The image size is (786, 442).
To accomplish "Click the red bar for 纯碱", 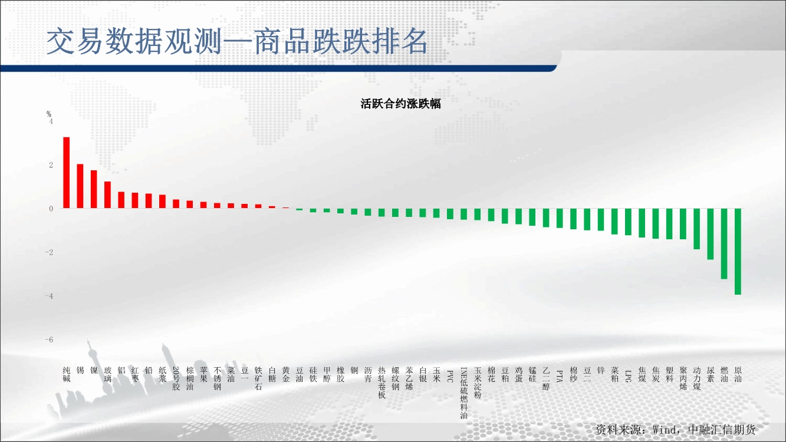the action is coord(66,173).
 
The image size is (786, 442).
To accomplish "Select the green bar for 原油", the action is coord(738,252).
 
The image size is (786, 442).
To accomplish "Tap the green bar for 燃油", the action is coord(724,244).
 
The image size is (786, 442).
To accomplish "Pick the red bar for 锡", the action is coord(80,186).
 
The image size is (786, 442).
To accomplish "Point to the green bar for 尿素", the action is coord(711,234).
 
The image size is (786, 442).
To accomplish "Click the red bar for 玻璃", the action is coord(107,195).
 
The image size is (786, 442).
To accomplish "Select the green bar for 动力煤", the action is coord(697,229).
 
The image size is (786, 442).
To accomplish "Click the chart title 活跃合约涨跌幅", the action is coord(400,104).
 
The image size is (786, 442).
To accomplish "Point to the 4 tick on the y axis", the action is coord(51,121).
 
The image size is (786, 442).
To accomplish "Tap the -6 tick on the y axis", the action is coord(49,339).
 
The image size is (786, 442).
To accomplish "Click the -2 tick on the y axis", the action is coord(49,252).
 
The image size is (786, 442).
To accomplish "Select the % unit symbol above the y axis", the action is coord(49,114).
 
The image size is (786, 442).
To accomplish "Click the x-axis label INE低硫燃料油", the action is coord(464,393).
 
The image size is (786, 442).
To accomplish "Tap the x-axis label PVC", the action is coord(450,376).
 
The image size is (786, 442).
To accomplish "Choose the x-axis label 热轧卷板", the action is coord(382,382).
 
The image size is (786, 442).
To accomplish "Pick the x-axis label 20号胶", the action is coord(176,378).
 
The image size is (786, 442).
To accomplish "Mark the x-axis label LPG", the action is coord(628,376).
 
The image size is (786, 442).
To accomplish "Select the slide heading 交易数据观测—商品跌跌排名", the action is coord(237,41).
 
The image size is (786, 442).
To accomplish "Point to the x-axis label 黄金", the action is coord(286,374).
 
